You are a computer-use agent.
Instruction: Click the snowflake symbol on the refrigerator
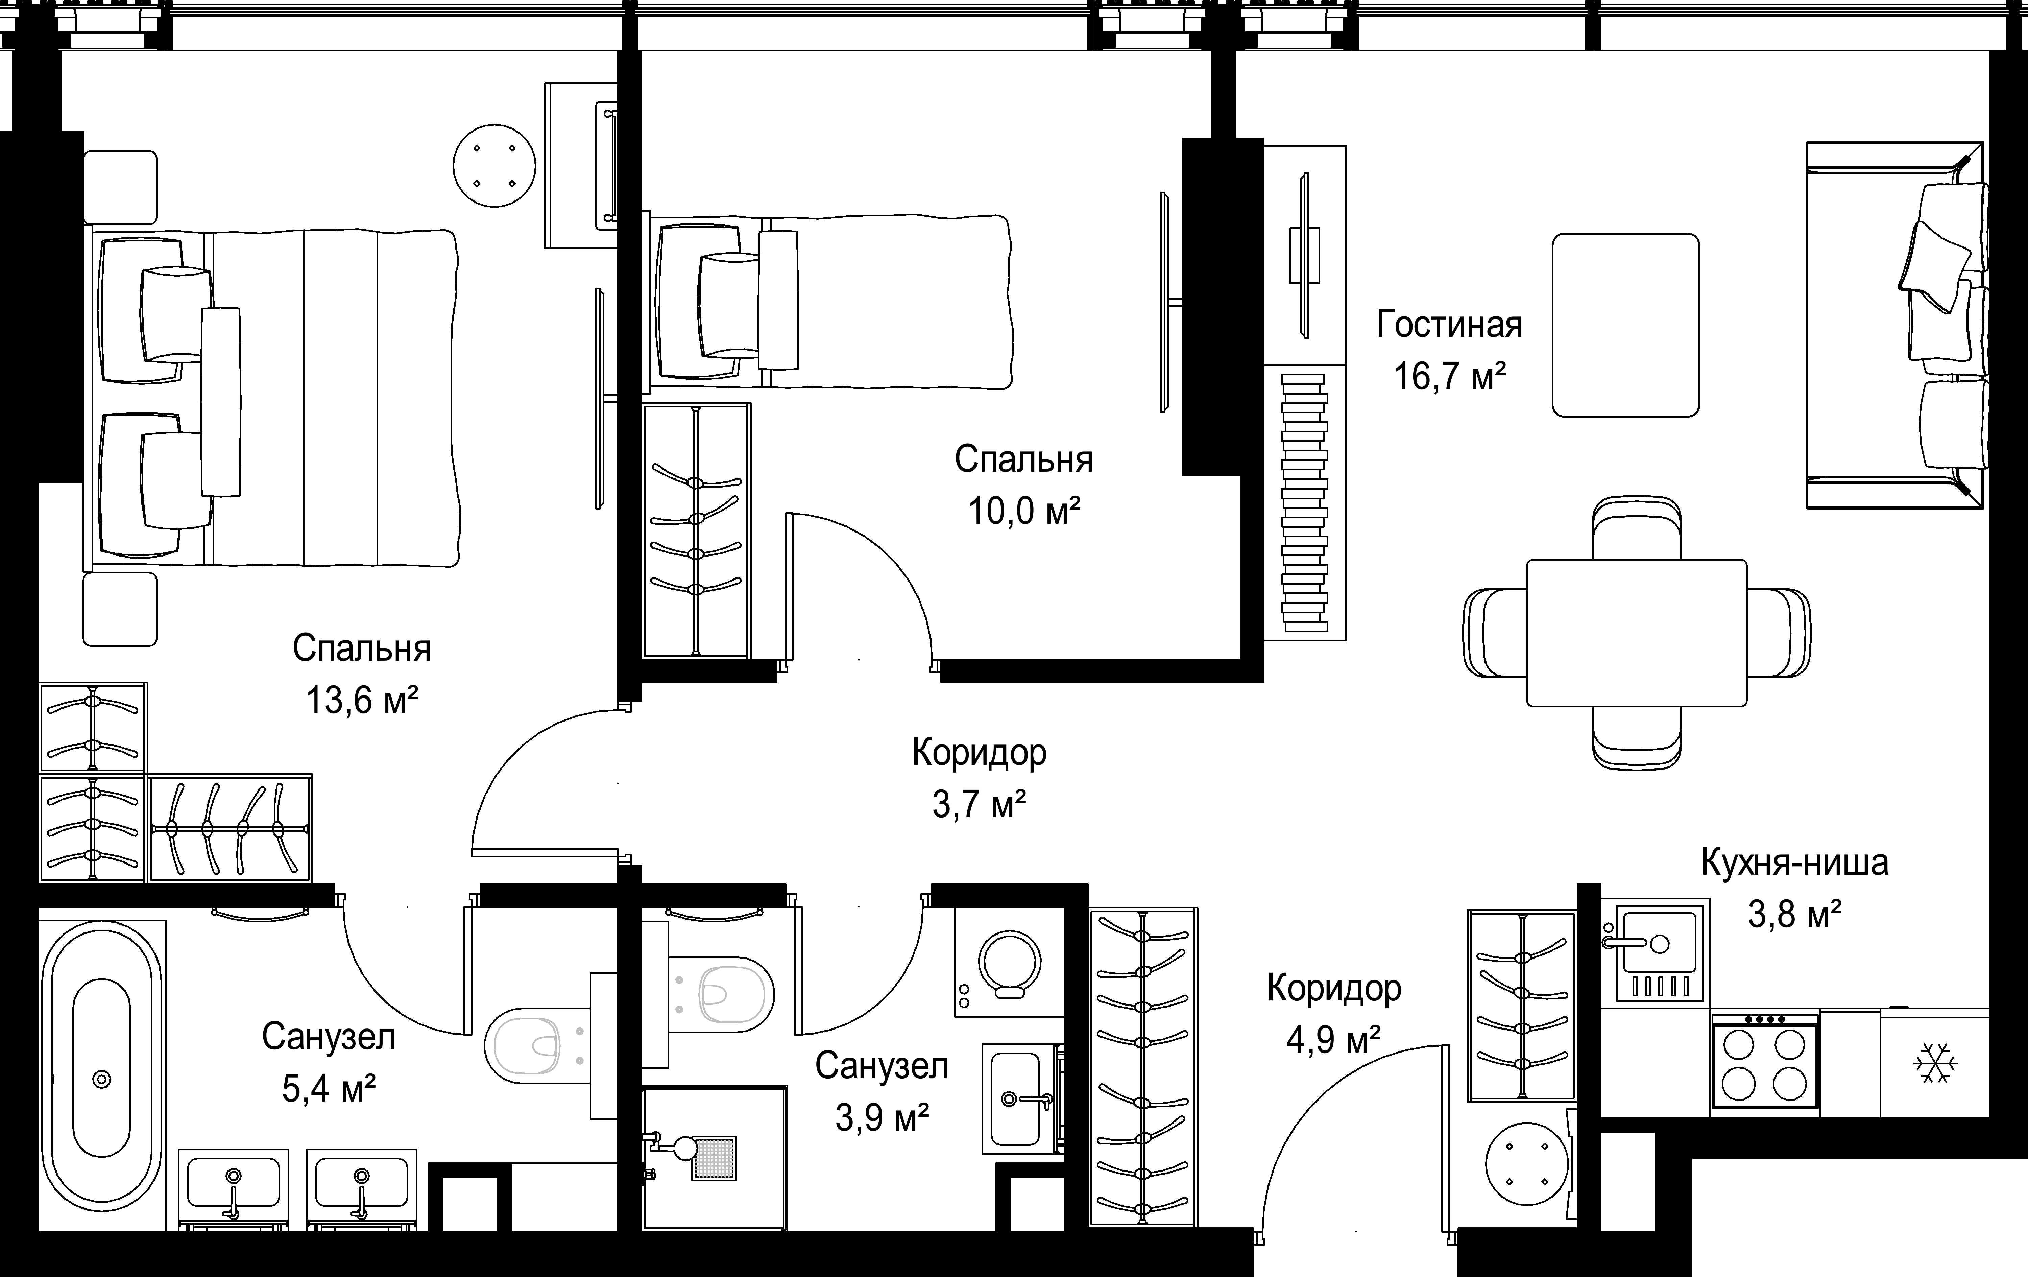(x=1934, y=1064)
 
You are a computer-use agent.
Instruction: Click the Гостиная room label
(x=1449, y=324)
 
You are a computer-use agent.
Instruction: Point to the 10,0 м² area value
(x=1024, y=511)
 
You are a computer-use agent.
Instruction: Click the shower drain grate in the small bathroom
(x=714, y=1158)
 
